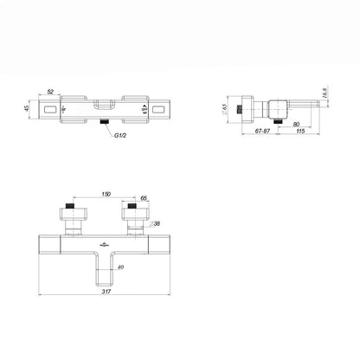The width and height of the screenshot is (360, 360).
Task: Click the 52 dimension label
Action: pyautogui.click(x=50, y=92)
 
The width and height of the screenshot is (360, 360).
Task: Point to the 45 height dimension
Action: pyautogui.click(x=27, y=108)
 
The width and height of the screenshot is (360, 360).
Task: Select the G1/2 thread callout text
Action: pyautogui.click(x=120, y=135)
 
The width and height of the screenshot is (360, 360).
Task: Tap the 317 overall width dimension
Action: pyautogui.click(x=106, y=292)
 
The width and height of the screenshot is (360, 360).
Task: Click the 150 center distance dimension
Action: pyautogui.click(x=106, y=194)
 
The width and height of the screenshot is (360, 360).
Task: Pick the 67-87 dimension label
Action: pyautogui.click(x=262, y=131)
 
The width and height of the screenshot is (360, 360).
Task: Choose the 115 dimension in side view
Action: pyautogui.click(x=300, y=131)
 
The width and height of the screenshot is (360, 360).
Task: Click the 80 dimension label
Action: pyautogui.click(x=296, y=125)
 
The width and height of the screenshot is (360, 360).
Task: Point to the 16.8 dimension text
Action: pyautogui.click(x=325, y=93)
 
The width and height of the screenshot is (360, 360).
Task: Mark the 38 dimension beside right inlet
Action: pyautogui.click(x=157, y=223)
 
